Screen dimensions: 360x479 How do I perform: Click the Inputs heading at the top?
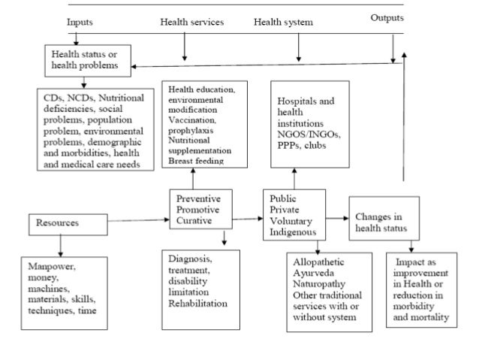point(80,23)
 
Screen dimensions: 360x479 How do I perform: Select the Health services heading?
point(191,23)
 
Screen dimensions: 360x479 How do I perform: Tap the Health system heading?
point(283,23)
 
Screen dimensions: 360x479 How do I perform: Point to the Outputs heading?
point(387,18)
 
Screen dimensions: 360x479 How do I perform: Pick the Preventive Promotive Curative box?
point(199,210)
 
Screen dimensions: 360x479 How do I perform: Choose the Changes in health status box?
point(383,218)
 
